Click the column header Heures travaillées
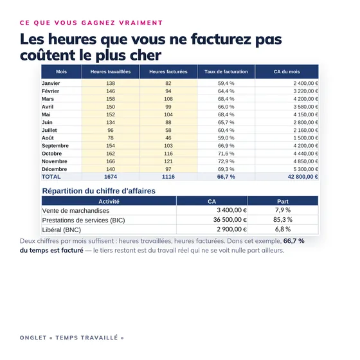pyautogui.click(x=111, y=71)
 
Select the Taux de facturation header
pyautogui.click(x=226, y=71)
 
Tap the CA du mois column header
pyautogui.click(x=287, y=71)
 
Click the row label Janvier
pyautogui.click(x=51, y=83)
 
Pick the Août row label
pyautogui.click(x=48, y=138)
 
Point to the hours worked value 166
pyautogui.click(x=111, y=161)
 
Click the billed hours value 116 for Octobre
pyautogui.click(x=168, y=154)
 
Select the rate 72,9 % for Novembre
pyautogui.click(x=226, y=161)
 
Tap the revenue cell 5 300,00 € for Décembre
pyautogui.click(x=305, y=169)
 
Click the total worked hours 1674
pyautogui.click(x=111, y=177)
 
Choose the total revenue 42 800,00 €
pyautogui.click(x=303, y=177)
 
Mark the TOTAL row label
pyautogui.click(x=51, y=177)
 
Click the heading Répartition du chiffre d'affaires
pyautogui.click(x=99, y=191)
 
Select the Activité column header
pyautogui.click(x=109, y=201)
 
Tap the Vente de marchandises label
pyautogui.click(x=76, y=211)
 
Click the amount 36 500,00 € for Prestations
pyautogui.click(x=230, y=220)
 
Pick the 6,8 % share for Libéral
pyautogui.click(x=283, y=229)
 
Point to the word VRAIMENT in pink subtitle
pyautogui.click(x=141, y=23)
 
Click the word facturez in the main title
pyautogui.click(x=221, y=39)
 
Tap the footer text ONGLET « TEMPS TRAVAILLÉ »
pyautogui.click(x=72, y=337)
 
